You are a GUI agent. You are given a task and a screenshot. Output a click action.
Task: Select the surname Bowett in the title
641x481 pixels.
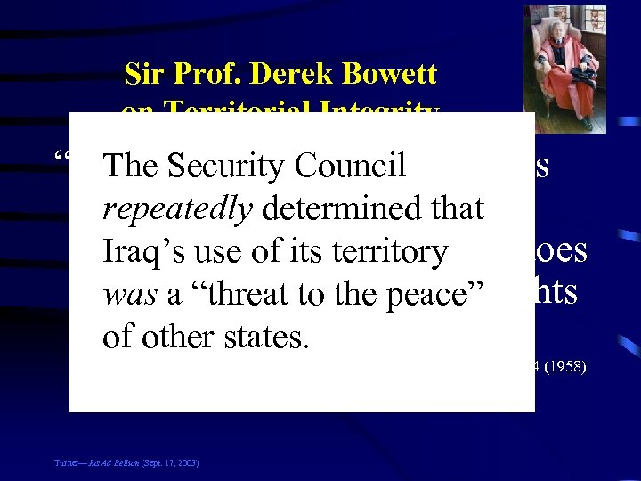388,73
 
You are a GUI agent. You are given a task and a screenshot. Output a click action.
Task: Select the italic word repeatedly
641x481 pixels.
178,208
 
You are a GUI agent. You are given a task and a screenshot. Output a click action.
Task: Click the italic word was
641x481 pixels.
126,295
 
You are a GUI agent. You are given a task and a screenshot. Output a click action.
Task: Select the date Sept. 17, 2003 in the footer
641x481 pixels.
171,463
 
